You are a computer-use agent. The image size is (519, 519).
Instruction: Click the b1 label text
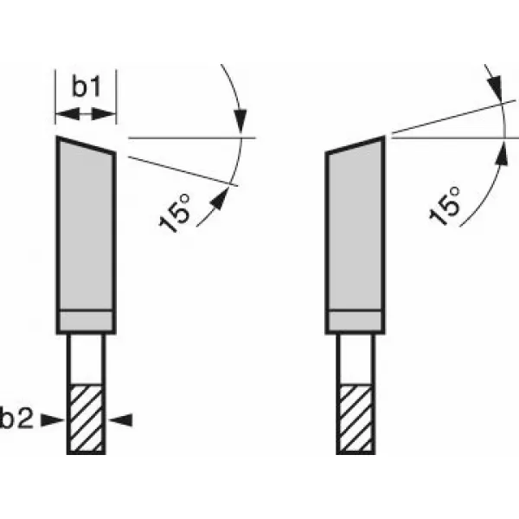point(86,87)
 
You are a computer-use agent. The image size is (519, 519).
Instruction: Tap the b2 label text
point(18,420)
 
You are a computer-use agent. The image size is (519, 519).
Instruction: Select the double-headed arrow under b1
point(86,113)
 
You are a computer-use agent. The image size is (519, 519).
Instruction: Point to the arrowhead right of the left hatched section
point(123,420)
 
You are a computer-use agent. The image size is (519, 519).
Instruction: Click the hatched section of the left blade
point(86,419)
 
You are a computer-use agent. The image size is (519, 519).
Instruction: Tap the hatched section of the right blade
point(355,419)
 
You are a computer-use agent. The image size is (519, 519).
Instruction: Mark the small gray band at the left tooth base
point(86,320)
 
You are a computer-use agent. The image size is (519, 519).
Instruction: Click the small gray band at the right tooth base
point(355,320)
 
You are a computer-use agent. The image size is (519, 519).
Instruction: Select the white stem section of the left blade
point(86,358)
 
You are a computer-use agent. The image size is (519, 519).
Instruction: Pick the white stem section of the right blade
point(355,358)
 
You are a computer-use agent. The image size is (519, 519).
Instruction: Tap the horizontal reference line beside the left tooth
point(190,137)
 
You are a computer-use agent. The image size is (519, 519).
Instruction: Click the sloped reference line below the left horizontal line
point(182,169)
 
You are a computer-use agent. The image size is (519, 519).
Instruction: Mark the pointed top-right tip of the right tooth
point(383,138)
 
